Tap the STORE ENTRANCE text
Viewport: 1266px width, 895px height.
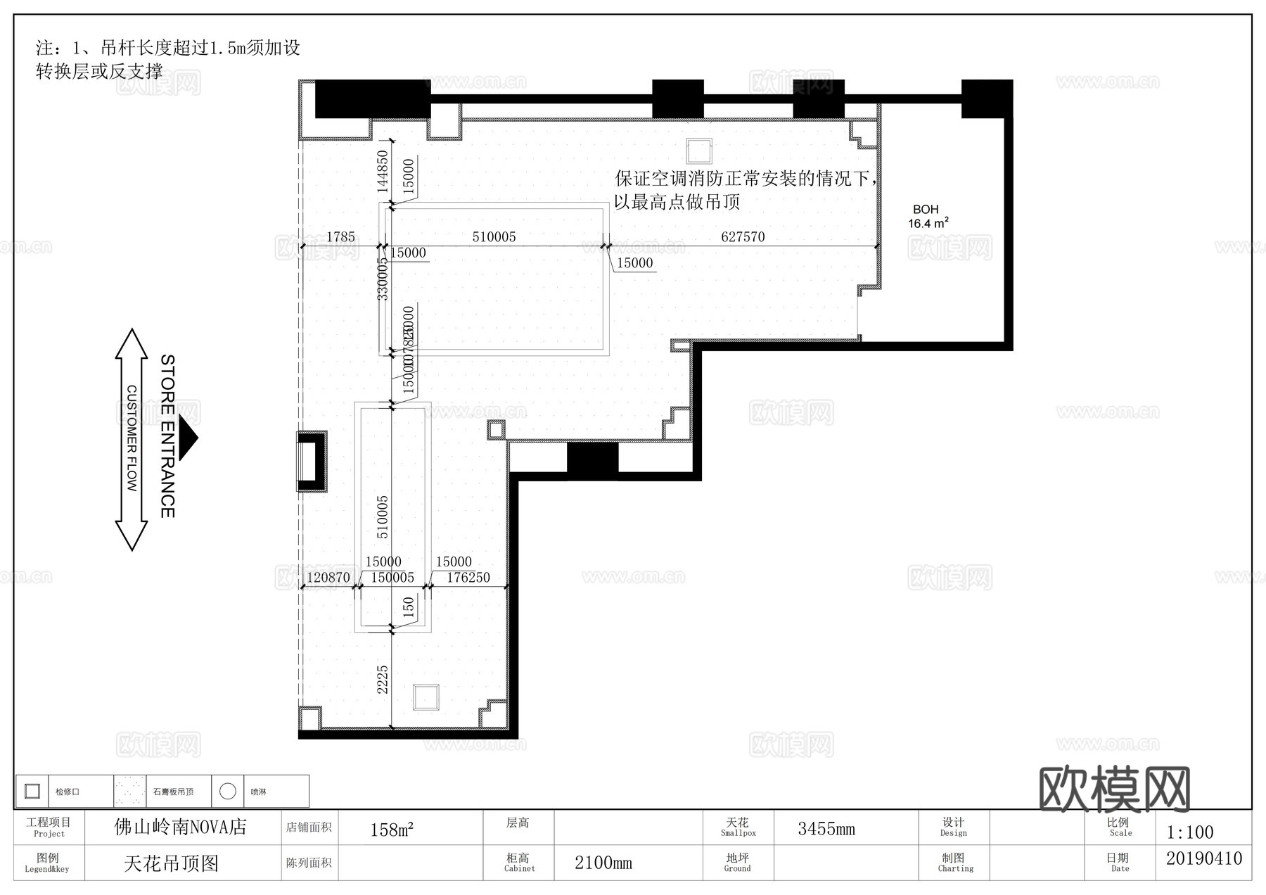pos(167,436)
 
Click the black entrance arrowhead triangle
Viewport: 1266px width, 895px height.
pos(188,438)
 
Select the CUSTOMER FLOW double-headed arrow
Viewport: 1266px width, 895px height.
pos(131,439)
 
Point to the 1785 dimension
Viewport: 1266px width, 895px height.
pos(340,237)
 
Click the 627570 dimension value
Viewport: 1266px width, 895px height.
pos(743,237)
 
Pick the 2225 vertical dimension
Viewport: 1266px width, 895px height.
pos(382,680)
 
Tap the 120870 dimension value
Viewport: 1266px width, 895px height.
pos(328,578)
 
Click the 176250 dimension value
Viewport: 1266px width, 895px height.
pos(468,578)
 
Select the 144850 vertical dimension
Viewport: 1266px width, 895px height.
pos(382,172)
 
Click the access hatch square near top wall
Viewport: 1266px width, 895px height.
pos(698,151)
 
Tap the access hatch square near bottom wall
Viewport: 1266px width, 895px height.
pos(426,697)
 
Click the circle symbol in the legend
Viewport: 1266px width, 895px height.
pos(227,792)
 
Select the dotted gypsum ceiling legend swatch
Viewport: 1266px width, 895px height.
pos(130,792)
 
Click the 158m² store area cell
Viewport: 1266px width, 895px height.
pos(392,830)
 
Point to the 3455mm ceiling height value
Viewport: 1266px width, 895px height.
pos(826,829)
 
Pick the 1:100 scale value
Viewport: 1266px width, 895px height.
pos(1190,832)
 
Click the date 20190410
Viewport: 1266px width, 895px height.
pos(1204,858)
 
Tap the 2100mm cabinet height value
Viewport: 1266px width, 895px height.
pos(603,863)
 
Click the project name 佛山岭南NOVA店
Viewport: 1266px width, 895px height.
pos(181,827)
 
